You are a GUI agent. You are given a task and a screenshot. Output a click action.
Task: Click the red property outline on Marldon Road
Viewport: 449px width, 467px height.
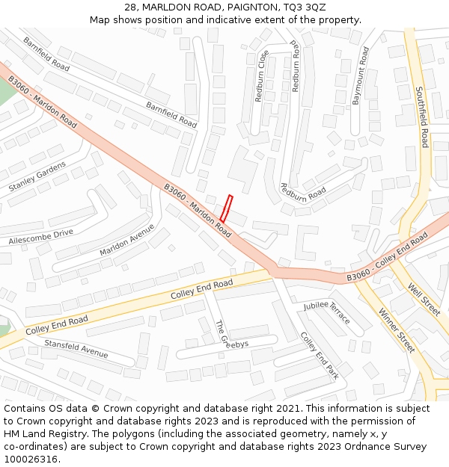[226, 208]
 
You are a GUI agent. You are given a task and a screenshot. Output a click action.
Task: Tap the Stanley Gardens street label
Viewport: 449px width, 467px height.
[37, 176]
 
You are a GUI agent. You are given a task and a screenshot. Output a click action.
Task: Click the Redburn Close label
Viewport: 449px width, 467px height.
[263, 76]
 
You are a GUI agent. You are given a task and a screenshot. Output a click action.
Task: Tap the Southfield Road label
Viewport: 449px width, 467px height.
[421, 117]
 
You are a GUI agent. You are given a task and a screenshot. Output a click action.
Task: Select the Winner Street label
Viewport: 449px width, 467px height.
[396, 330]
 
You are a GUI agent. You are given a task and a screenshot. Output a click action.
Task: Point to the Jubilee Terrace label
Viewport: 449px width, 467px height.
[327, 312]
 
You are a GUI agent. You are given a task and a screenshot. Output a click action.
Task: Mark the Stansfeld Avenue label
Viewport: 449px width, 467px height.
[76, 347]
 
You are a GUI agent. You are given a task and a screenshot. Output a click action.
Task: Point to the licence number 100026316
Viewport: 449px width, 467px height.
[31, 460]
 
